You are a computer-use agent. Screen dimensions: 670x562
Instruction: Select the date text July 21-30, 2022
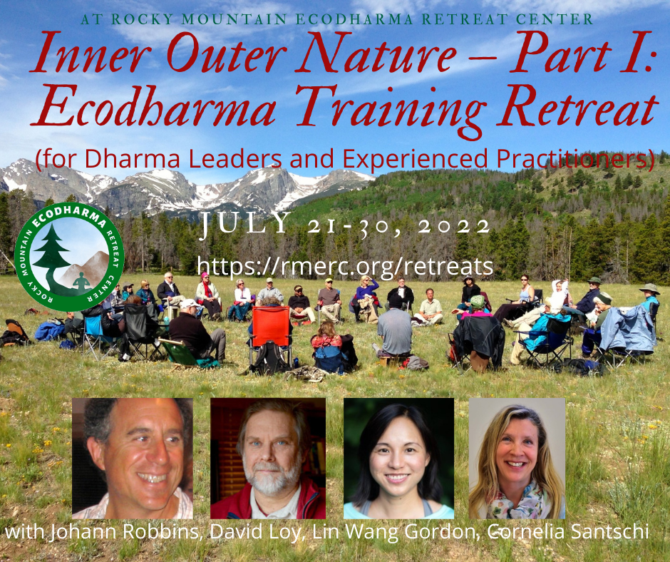(x=346, y=224)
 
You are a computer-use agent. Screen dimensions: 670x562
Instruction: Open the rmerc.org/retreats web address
(x=345, y=265)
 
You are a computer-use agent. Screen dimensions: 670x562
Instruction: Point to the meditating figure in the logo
(x=81, y=282)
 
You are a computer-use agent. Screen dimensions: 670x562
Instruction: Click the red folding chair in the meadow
(x=270, y=328)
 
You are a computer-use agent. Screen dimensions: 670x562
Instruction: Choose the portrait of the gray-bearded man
(x=268, y=459)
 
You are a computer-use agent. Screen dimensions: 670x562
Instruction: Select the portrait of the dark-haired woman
(x=398, y=459)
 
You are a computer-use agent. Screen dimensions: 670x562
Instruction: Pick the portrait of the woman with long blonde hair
(x=517, y=459)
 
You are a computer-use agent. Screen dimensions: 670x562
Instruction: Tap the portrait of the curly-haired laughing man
(x=133, y=459)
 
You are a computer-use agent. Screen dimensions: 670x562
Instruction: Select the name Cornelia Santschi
(x=568, y=531)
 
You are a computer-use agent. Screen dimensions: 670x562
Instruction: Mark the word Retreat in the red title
(x=578, y=106)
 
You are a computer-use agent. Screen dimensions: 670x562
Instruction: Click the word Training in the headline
(x=391, y=109)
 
